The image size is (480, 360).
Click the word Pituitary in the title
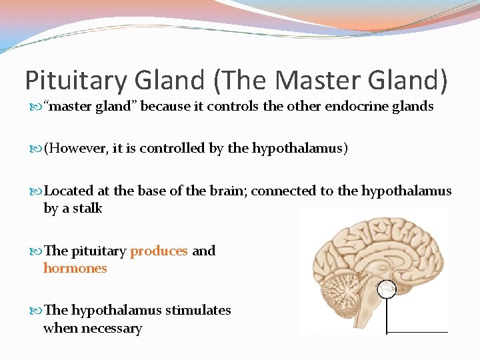point(74,80)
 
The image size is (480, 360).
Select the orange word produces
point(159,251)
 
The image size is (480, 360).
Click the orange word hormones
point(75,268)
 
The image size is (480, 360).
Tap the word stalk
point(87,208)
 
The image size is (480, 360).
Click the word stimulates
point(198,310)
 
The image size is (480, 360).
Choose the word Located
point(69,191)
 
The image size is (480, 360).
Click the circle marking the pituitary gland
point(387,289)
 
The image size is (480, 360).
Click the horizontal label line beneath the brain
point(417,331)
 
